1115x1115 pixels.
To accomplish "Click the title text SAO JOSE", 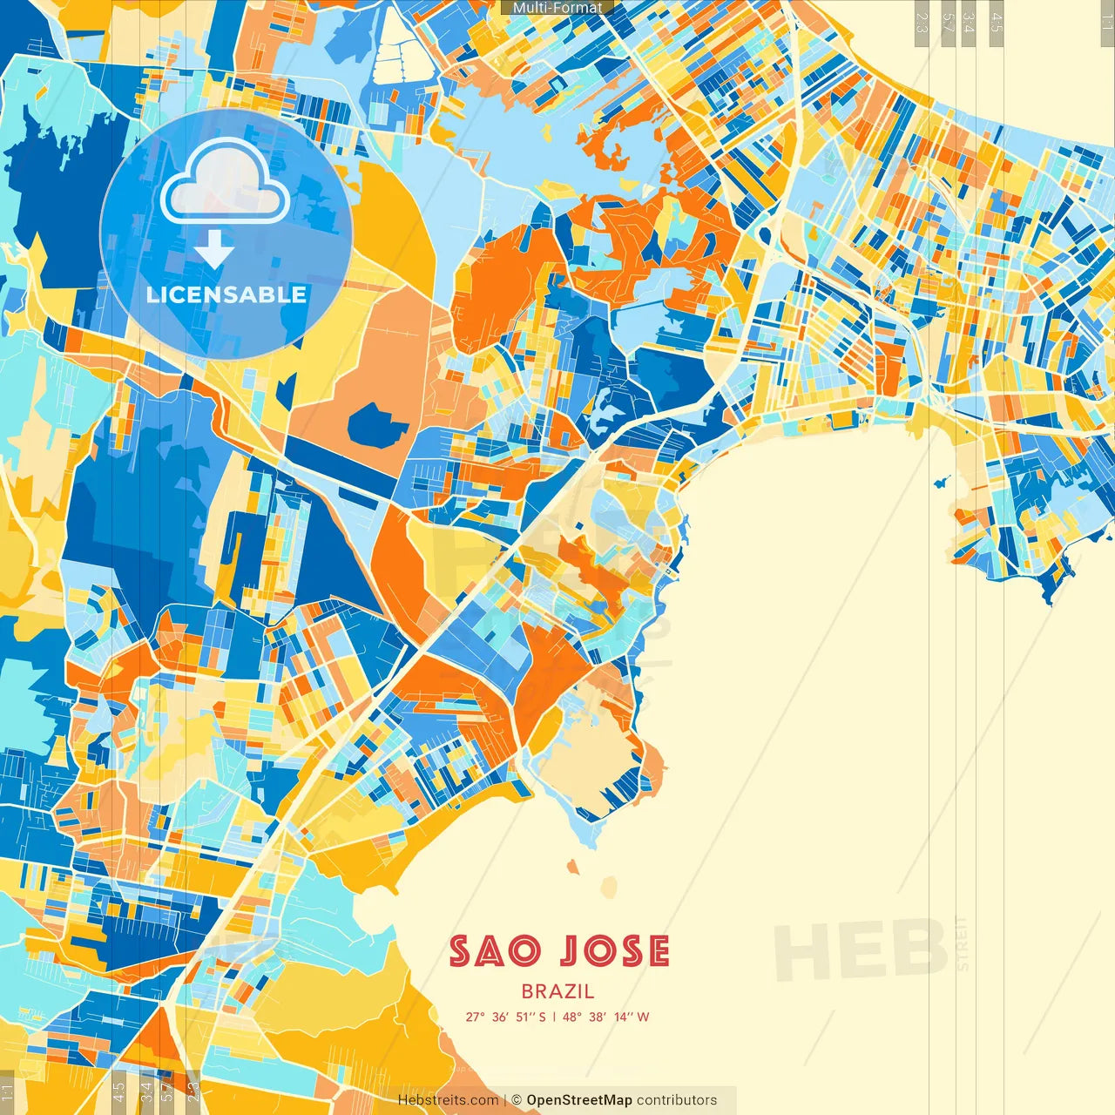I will click(x=559, y=951).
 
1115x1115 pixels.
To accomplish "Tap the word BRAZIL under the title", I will click(x=557, y=991).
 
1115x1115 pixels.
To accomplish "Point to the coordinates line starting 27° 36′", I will click(x=557, y=1017).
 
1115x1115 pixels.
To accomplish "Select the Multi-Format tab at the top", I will click(x=557, y=8).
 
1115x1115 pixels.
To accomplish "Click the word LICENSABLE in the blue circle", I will click(x=226, y=294).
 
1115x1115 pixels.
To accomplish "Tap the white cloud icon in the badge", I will click(x=225, y=183).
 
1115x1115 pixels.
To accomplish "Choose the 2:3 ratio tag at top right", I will click(x=921, y=23).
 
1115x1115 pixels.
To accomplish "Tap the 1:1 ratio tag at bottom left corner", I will click(x=7, y=1091).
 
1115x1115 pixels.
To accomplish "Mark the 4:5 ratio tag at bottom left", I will click(x=118, y=1091).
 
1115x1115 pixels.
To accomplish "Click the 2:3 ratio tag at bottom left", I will click(x=193, y=1091).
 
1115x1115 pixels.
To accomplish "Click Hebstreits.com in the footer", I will click(x=448, y=1100).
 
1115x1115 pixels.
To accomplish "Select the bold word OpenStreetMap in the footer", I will click(x=578, y=1100).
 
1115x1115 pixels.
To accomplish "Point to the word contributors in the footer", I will click(x=677, y=1100).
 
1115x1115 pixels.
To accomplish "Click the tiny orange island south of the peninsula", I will click(x=573, y=867).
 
